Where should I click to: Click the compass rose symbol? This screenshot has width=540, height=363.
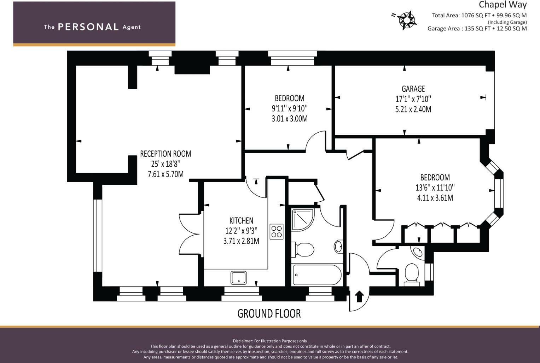coord(406,20)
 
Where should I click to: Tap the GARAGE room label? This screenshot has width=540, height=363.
coord(413,89)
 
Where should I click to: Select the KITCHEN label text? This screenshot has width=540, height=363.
coord(241,221)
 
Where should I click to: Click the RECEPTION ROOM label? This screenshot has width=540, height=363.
coord(166,154)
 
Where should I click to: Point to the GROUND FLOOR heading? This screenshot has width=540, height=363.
coord(269,313)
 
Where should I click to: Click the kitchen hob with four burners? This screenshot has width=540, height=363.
coord(276,231)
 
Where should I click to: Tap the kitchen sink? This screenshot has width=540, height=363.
coord(238,278)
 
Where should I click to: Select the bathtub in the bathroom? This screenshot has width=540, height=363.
coord(317,275)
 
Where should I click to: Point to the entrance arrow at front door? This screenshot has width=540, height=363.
coord(359,296)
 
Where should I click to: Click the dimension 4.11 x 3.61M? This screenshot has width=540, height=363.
coord(435,198)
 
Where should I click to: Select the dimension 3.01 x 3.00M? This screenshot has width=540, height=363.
coord(290,119)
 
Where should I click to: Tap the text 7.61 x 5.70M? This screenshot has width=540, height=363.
coord(166,174)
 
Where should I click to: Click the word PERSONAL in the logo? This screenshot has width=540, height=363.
coord(88,27)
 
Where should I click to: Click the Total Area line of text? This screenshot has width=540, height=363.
coord(479,16)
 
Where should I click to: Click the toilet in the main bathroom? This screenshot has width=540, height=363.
coord(303,249)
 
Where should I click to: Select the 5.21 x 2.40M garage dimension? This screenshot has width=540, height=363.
coord(413,109)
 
